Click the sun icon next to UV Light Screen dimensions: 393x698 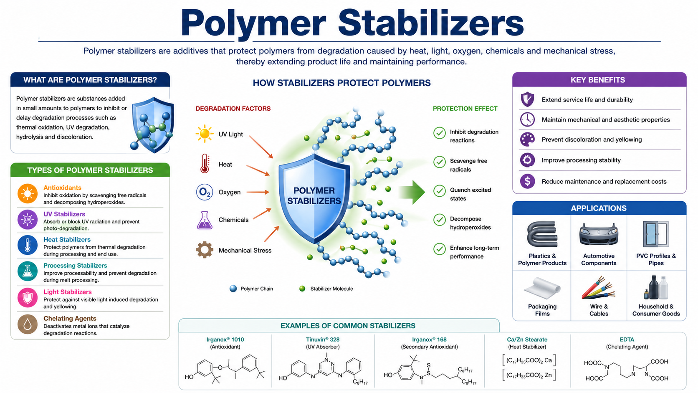click(204, 134)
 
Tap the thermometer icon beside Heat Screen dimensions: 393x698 click(205, 164)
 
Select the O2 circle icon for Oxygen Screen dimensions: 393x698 click(205, 192)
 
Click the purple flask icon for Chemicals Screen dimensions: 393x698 click(205, 220)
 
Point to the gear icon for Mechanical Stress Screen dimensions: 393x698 click(205, 250)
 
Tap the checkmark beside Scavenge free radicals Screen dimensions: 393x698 click(439, 162)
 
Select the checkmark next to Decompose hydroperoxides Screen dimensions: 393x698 click(439, 220)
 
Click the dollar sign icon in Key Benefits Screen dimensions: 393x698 click(528, 181)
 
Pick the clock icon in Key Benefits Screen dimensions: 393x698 click(528, 119)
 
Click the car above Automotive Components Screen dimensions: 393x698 click(599, 235)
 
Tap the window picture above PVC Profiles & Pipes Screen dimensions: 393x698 click(655, 235)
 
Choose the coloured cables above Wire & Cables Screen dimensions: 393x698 click(599, 288)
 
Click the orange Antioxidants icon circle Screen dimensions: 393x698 click(28, 194)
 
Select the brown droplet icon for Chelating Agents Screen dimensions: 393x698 click(28, 325)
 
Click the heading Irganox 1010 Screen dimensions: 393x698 click(225, 340)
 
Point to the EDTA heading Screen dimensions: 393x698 click(627, 340)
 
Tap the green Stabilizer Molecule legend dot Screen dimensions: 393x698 click(302, 289)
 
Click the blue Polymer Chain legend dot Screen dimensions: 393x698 click(233, 289)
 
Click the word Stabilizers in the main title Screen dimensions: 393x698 click(430, 23)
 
